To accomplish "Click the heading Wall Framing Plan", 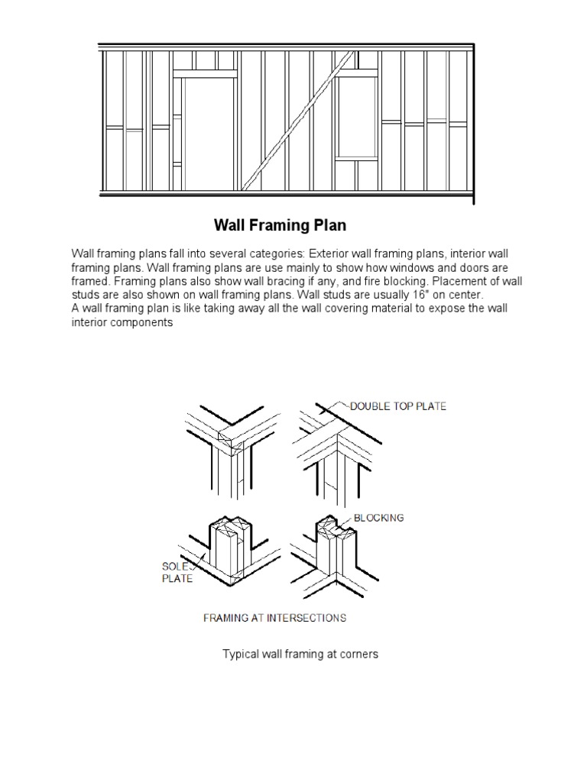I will pyautogui.click(x=280, y=225).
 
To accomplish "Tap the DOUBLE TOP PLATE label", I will pyautogui.click(x=398, y=406).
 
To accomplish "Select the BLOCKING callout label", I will pyautogui.click(x=378, y=517).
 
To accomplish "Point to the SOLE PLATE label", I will pyautogui.click(x=177, y=572).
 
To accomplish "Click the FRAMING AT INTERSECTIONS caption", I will pyautogui.click(x=274, y=617).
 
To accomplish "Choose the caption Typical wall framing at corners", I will pyautogui.click(x=300, y=654).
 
